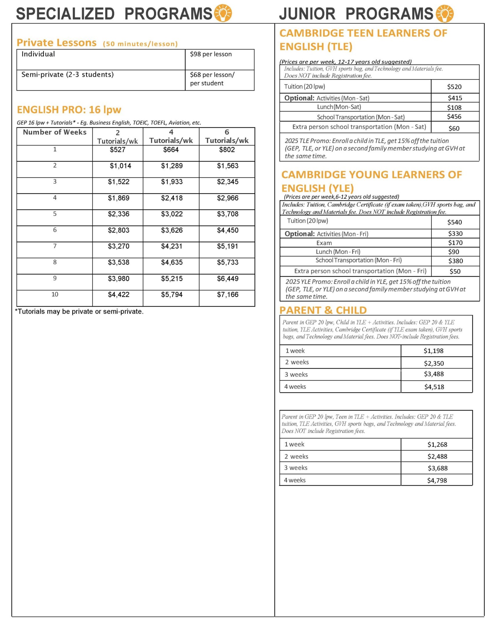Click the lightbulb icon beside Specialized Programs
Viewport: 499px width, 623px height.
tap(223, 13)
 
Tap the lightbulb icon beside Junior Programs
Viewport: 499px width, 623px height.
tap(444, 13)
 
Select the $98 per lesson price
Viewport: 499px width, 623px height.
tap(211, 54)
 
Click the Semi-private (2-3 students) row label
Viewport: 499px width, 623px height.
tap(67, 75)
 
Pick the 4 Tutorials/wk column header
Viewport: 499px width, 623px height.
tap(171, 136)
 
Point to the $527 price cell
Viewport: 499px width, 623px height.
tap(117, 150)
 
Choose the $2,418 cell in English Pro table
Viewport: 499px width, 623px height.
tap(172, 198)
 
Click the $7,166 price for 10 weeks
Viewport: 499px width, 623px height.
tap(227, 295)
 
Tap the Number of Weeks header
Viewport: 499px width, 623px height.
tap(55, 132)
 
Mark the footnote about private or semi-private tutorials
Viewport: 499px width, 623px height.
tap(79, 311)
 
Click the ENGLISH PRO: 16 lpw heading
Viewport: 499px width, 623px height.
tap(69, 110)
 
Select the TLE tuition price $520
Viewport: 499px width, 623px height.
tap(454, 87)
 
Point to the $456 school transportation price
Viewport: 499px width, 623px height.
tap(454, 116)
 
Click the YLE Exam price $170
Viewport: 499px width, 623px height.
tap(455, 243)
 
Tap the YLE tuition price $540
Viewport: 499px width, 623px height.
tap(454, 222)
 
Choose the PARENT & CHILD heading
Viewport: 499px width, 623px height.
tap(323, 310)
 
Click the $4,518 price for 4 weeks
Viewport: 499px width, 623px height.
tap(434, 387)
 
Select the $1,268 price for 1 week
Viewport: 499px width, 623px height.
tap(437, 445)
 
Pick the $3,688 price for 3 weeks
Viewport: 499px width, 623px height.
tap(437, 468)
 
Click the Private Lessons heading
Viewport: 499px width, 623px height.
tap(57, 43)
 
